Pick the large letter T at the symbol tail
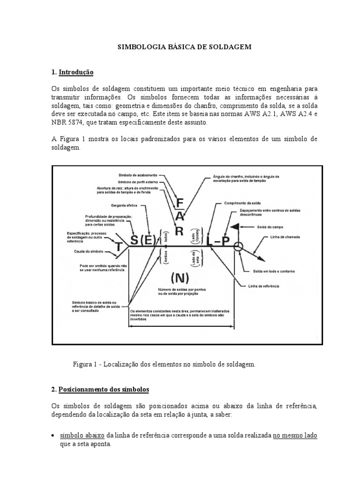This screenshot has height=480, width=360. (x=119, y=245)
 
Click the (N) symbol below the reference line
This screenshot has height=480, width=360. (x=180, y=278)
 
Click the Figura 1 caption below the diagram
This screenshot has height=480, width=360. (x=165, y=364)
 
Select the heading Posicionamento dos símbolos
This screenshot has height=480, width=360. (x=108, y=390)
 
